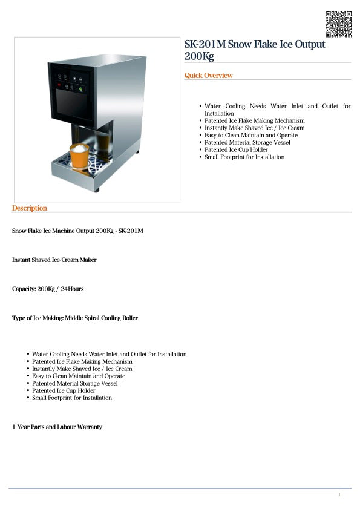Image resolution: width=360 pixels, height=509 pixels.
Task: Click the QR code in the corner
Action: pos(339,24)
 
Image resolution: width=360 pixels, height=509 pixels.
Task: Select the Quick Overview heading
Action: pos(208,76)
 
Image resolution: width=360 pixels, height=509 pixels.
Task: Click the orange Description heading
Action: pos(29,208)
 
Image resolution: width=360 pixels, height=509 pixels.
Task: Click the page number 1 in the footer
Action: pos(339,495)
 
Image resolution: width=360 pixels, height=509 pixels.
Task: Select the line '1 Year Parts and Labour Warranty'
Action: pos(57,427)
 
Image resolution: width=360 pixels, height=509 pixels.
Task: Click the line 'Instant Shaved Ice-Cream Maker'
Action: pos(54,260)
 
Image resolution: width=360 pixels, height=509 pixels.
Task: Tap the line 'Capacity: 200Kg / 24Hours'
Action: pos(48,289)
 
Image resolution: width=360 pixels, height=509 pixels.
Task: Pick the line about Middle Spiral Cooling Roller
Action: pos(75,318)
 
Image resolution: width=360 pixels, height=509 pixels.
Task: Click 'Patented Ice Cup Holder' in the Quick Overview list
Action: pos(236,150)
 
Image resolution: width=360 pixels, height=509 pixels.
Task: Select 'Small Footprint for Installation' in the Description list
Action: pos(72,398)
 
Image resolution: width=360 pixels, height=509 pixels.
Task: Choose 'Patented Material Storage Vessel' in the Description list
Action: pos(74,384)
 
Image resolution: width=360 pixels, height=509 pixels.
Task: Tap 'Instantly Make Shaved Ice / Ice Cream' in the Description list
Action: pos(82,369)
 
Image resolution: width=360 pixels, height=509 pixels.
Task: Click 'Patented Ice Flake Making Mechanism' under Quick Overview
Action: pos(254,121)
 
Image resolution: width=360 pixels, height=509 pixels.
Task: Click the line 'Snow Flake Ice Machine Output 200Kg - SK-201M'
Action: pos(77,231)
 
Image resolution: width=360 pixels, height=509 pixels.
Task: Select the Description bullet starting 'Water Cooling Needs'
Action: pos(109,355)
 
